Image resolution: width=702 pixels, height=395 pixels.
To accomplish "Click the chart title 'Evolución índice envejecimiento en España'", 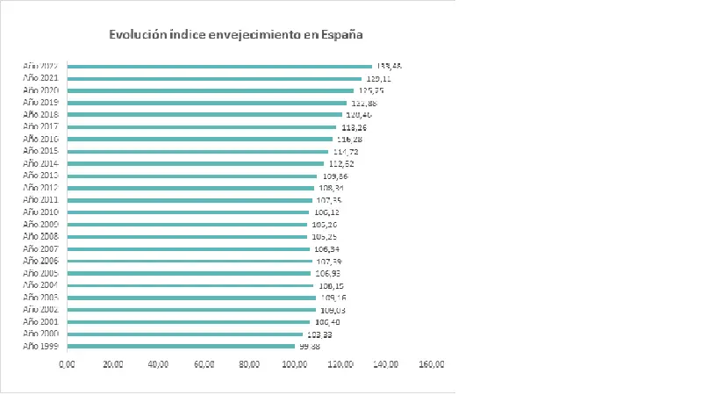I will click(x=235, y=35).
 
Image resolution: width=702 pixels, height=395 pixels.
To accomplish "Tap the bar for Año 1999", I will click(x=181, y=346).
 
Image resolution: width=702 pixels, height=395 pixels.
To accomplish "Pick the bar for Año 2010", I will click(x=188, y=212).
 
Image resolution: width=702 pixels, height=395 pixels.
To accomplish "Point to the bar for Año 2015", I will click(x=197, y=151).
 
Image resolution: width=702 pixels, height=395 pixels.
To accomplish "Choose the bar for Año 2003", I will click(x=191, y=297).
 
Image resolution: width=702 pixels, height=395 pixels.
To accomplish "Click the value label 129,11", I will click(x=378, y=78).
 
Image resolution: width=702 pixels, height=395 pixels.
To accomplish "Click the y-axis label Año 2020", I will click(x=41, y=90).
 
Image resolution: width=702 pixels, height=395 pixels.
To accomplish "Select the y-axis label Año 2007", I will click(x=41, y=248).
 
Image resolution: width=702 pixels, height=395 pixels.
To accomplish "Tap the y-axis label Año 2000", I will click(x=41, y=334).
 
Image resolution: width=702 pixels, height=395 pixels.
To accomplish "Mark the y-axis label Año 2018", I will click(x=41, y=114).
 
